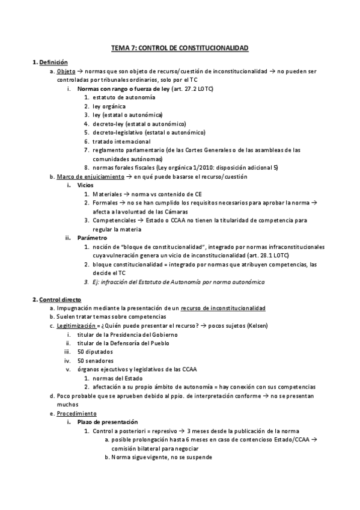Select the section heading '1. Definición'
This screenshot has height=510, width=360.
[50, 62]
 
